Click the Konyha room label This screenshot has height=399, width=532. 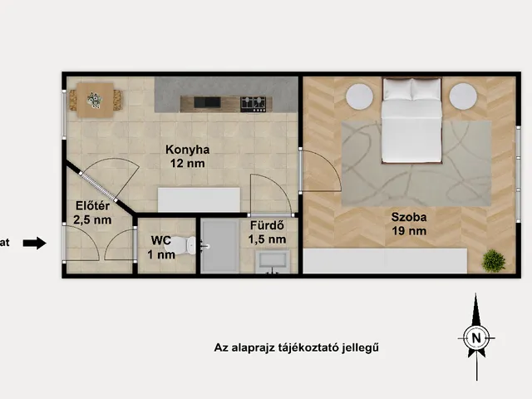click(x=187, y=150)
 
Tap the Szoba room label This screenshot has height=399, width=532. click(x=409, y=217)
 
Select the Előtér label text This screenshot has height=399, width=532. click(x=92, y=206)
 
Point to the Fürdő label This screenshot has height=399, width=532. click(x=267, y=225)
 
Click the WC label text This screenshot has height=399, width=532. click(x=160, y=240)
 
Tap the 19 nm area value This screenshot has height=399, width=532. click(x=409, y=231)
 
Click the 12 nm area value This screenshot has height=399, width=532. click(x=187, y=164)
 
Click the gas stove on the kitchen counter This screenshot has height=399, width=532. click(x=256, y=104)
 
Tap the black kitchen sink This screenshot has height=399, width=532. click(x=207, y=102)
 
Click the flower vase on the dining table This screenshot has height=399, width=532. click(x=95, y=101)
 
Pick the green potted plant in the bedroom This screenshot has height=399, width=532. click(x=494, y=260)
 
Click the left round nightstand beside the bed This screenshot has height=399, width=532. click(x=360, y=96)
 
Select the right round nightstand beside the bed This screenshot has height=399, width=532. click(x=463, y=96)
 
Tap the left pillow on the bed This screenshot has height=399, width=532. click(x=397, y=89)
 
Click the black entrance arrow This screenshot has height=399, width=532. click(x=34, y=243)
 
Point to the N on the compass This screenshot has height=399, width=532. click(x=476, y=338)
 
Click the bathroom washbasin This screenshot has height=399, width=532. click(x=273, y=261)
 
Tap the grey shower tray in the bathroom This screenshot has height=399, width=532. click(x=219, y=246)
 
